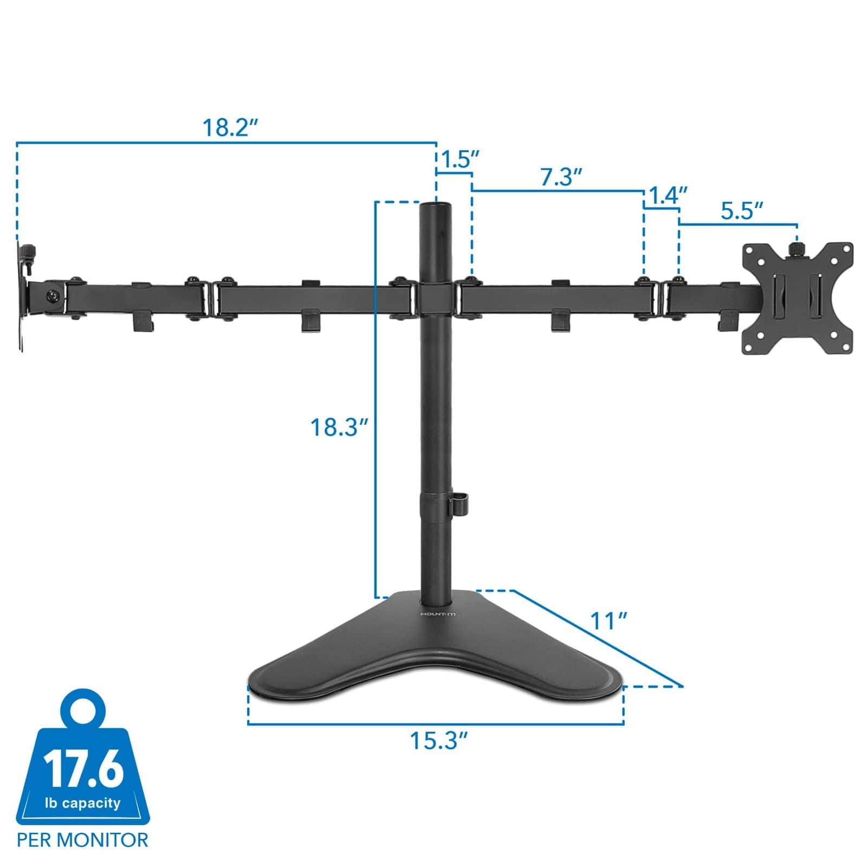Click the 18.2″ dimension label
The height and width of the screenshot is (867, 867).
click(x=229, y=128)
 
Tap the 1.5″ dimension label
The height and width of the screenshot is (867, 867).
click(x=460, y=160)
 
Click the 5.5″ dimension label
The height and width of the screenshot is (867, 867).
click(x=742, y=211)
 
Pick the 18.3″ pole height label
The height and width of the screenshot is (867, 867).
click(x=339, y=428)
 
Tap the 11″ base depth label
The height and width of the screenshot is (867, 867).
click(x=608, y=622)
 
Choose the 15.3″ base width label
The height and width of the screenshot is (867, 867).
click(x=438, y=740)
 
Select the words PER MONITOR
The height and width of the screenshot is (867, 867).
click(x=82, y=840)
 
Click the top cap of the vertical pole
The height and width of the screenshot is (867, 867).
click(x=436, y=206)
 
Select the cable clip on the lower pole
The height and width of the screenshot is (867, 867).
click(x=458, y=501)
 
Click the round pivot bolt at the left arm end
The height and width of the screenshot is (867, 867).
click(x=53, y=296)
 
